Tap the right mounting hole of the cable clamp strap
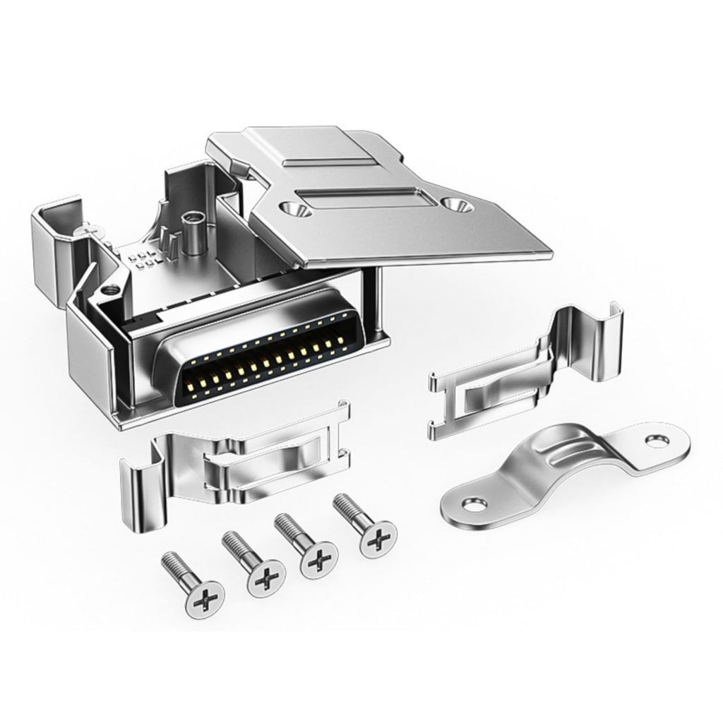pyautogui.click(x=658, y=439)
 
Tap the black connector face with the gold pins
pyautogui.click(x=268, y=364)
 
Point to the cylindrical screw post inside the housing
pyautogui.click(x=189, y=229)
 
